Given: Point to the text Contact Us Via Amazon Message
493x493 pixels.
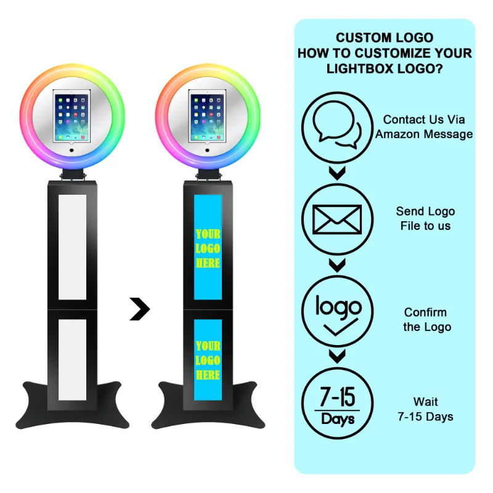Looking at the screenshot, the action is coord(424,127).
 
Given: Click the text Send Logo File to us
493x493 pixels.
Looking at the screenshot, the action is coord(425,219).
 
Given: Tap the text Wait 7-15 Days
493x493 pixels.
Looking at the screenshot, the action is coord(425,410).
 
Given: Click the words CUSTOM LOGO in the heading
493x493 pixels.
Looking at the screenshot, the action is coord(384,38).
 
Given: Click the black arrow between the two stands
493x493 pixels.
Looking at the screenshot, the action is coord(140,309).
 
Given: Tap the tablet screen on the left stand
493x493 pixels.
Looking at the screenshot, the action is coord(72,115).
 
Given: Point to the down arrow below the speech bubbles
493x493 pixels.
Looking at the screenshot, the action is coord(336,173).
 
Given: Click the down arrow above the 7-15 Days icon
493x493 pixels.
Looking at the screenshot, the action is coord(336,356).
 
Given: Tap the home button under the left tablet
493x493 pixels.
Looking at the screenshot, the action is coord(72,149).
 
